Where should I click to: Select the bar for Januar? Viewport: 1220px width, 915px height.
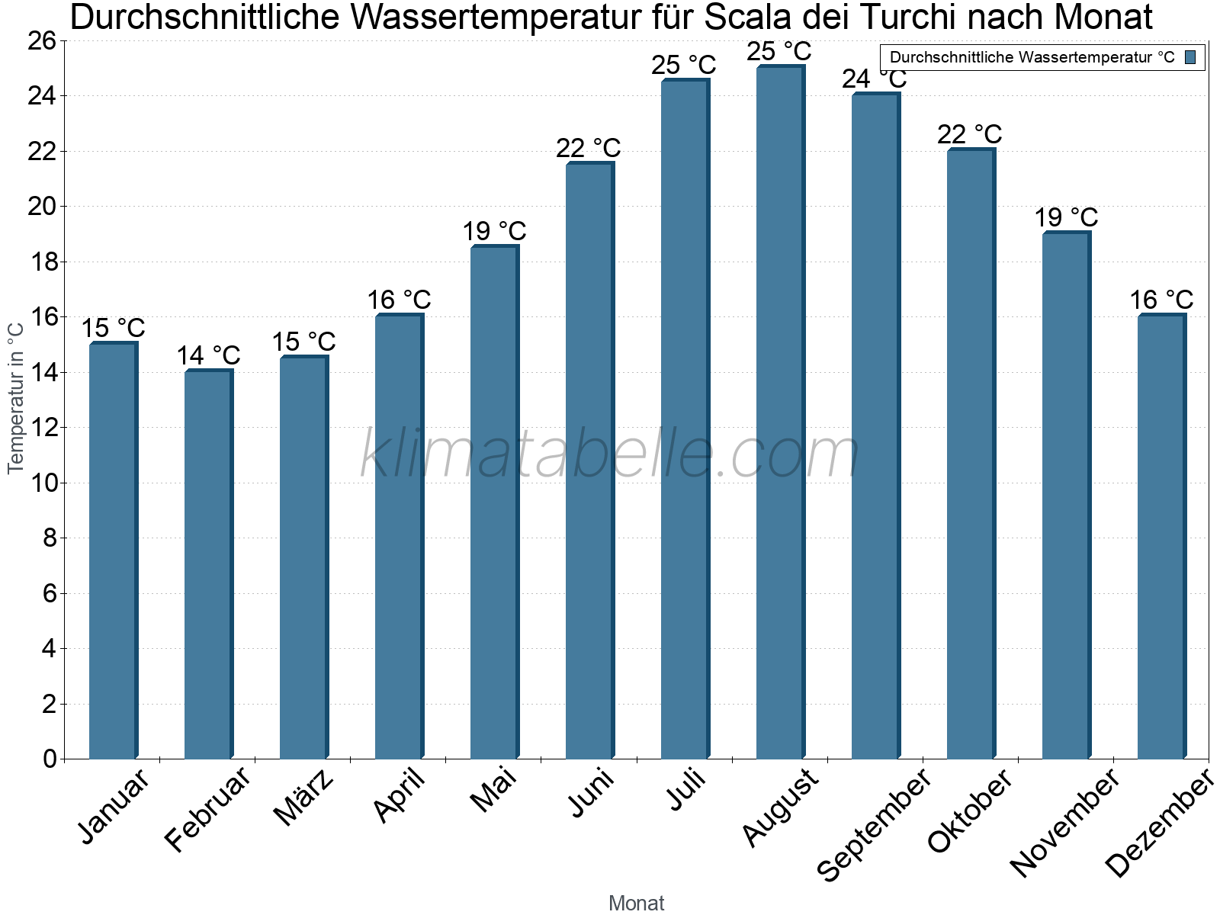tap(113, 551)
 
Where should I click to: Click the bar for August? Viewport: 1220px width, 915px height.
tap(780, 412)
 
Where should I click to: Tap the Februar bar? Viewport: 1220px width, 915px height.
tap(208, 564)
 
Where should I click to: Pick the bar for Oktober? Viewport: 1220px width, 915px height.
tap(971, 454)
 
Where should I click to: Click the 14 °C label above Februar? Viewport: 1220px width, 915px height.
tap(208, 355)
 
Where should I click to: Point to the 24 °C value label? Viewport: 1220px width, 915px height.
tap(874, 79)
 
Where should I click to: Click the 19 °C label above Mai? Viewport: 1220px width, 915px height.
tap(494, 231)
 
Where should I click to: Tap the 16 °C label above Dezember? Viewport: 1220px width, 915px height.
tap(1161, 300)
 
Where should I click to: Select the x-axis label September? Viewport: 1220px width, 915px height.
tap(875, 823)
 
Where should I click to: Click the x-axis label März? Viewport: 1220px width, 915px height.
tap(303, 798)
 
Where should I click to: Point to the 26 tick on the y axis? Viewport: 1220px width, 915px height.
tap(42, 41)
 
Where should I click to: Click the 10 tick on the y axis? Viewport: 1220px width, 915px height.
tap(42, 483)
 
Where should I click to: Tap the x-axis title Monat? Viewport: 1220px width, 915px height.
tap(636, 903)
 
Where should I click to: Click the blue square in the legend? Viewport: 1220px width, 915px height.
tap(1191, 57)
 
